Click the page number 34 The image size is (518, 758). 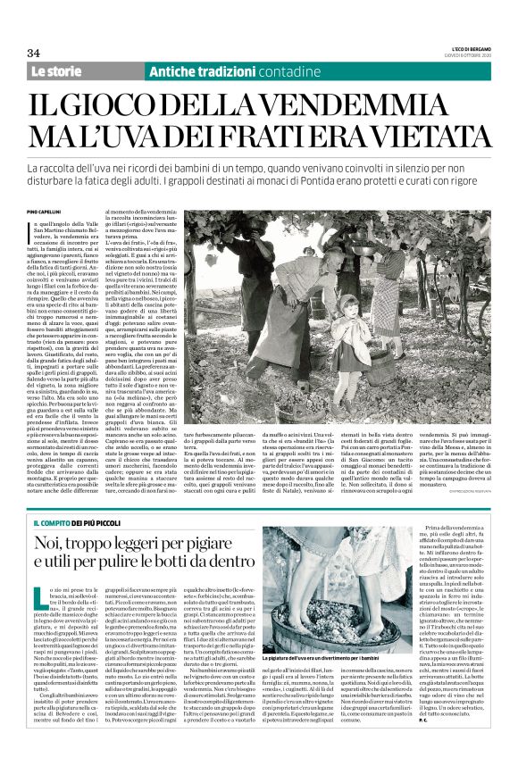tap(35, 53)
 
